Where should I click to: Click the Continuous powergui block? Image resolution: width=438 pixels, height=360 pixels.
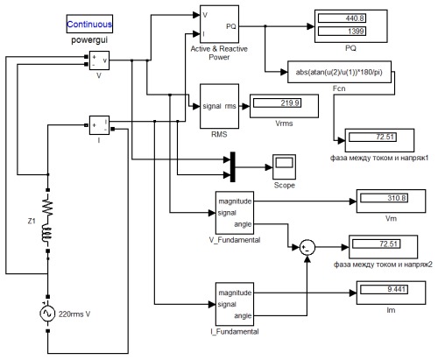(89, 24)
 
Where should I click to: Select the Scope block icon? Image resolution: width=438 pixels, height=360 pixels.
(284, 166)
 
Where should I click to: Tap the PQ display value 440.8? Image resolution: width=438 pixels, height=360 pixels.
(342, 18)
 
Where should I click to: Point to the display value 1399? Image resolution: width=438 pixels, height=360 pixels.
(342, 31)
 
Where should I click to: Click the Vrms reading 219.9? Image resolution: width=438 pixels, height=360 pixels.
(277, 102)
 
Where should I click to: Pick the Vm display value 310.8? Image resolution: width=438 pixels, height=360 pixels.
(384, 198)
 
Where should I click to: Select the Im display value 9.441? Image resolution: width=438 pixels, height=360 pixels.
(384, 289)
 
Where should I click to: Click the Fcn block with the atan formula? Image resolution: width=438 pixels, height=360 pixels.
(339, 72)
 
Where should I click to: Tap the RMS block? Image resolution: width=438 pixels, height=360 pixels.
(219, 106)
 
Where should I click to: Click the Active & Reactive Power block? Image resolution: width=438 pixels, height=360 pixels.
(219, 25)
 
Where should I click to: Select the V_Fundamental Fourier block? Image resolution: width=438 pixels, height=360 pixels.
(235, 213)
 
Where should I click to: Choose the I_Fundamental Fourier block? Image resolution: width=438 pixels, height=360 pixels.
(235, 304)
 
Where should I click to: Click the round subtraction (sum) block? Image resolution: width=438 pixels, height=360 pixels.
(307, 247)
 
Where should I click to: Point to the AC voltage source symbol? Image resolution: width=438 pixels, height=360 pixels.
(47, 314)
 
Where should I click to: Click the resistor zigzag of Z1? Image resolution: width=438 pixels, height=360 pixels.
(47, 208)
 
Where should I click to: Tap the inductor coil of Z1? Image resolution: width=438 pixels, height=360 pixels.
(47, 233)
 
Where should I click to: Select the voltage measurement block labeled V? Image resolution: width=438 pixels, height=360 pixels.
(99, 60)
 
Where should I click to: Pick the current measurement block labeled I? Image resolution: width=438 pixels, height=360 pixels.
(99, 125)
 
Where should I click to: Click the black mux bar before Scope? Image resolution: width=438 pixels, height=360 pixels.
(233, 166)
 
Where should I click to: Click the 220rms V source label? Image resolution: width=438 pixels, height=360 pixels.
(74, 314)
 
